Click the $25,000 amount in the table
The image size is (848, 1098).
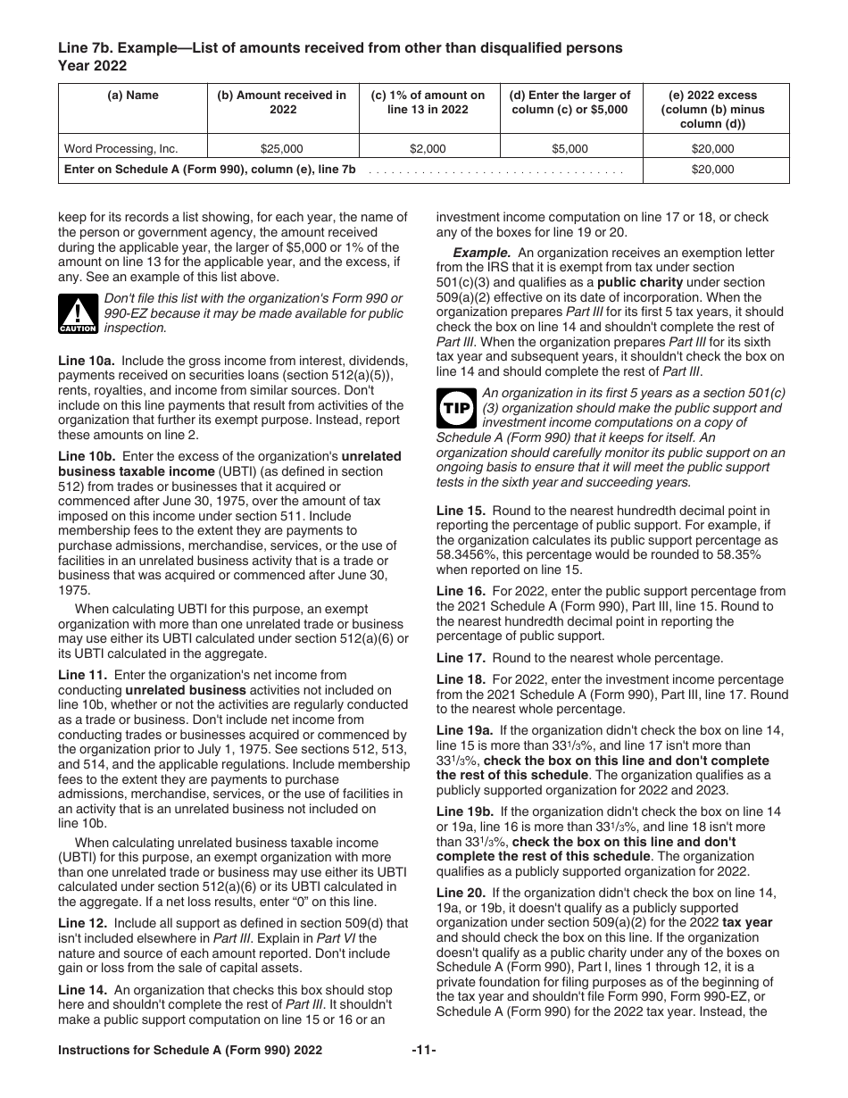click(281, 149)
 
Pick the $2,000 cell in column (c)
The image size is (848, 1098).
click(428, 149)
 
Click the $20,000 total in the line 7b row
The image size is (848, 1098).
click(712, 170)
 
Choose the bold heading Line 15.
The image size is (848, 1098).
click(459, 511)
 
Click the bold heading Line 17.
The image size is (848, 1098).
click(459, 658)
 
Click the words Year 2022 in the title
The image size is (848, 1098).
click(92, 65)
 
